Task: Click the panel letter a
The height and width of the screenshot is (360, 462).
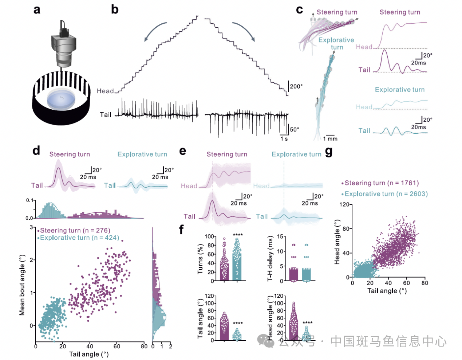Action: tap(37, 9)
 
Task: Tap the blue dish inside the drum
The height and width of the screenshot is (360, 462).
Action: tap(61, 99)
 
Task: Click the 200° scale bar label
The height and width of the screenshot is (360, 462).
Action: tap(296, 86)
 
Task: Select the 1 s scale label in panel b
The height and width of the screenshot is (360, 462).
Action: tap(284, 138)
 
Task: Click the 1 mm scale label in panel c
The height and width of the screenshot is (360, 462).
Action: tap(330, 138)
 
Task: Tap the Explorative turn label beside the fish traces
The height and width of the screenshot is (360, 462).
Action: tap(336, 43)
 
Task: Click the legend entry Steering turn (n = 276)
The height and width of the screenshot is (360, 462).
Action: tap(75, 230)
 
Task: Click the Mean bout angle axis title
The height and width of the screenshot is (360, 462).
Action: tap(22, 285)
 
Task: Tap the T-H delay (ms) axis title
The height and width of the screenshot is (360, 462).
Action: tap(270, 259)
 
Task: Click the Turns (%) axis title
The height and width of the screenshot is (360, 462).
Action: tap(200, 259)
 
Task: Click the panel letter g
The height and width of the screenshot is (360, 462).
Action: tap(329, 151)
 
